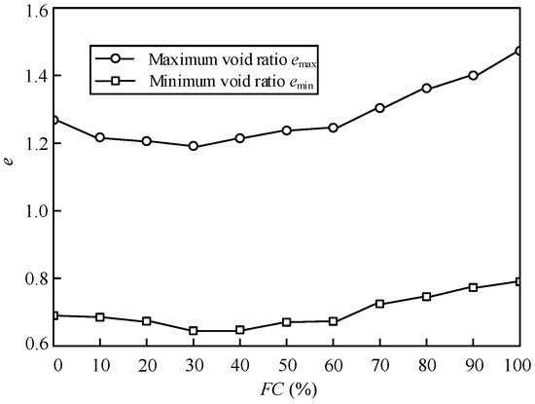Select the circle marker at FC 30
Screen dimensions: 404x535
[193, 146]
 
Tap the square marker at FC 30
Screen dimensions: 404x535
[193, 331]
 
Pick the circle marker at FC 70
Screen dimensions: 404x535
[379, 108]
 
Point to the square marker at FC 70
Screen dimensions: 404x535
[379, 304]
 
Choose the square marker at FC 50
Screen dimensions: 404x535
[286, 322]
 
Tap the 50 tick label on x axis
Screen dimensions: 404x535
[286, 363]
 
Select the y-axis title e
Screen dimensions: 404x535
[9, 178]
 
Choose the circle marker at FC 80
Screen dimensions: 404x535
[426, 89]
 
